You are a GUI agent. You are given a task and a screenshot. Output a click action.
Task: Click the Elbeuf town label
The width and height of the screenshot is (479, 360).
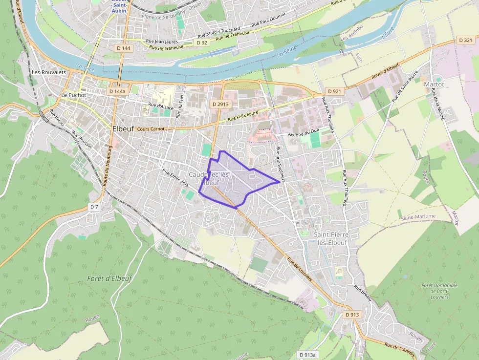pos(123,129)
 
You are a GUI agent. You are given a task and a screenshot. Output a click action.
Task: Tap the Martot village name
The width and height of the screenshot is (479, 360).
pos(434,84)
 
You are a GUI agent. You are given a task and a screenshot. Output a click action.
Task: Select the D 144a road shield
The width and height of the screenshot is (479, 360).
pos(117,91)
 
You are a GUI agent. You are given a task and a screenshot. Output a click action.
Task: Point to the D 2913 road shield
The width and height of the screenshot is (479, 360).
pos(220,104)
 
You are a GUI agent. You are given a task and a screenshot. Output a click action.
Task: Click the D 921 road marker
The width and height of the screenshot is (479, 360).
pos(334,91)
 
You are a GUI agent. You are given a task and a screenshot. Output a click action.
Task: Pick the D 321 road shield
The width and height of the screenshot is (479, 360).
pos(466,40)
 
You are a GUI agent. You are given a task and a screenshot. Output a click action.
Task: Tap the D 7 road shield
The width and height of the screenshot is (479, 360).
pos(94,207)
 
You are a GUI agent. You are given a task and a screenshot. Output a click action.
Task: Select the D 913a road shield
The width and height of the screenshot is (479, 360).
pos(308,355)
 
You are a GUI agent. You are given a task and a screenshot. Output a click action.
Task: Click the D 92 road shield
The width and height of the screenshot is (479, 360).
pos(202,43)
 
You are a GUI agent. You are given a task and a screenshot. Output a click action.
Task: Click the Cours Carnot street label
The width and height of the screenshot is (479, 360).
pos(151,129)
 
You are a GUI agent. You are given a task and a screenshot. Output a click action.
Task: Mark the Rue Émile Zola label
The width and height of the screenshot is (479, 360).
pos(175,178)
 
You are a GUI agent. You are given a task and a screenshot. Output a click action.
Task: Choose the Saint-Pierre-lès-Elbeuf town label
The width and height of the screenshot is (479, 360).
pos(332,239)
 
